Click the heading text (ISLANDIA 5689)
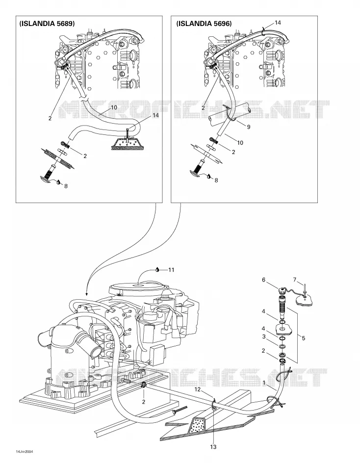pyautogui.click(x=47, y=24)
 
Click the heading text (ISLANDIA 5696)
pyautogui.click(x=204, y=24)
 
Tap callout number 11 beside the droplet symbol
pyautogui.click(x=171, y=270)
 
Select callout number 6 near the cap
pyautogui.click(x=264, y=280)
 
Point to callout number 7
pyautogui.click(x=295, y=280)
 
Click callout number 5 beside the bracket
pyautogui.click(x=303, y=338)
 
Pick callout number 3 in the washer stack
pyautogui.click(x=264, y=337)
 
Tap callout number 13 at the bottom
pyautogui.click(x=213, y=447)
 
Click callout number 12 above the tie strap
pyautogui.click(x=197, y=389)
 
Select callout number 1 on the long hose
pyautogui.click(x=264, y=383)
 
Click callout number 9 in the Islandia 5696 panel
pyautogui.click(x=249, y=127)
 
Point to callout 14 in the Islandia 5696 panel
pyautogui.click(x=278, y=23)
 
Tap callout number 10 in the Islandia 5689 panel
pyautogui.click(x=114, y=107)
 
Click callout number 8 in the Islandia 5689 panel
pyautogui.click(x=66, y=186)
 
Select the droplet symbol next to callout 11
pyautogui.click(x=157, y=270)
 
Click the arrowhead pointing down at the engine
pyautogui.click(x=86, y=294)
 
